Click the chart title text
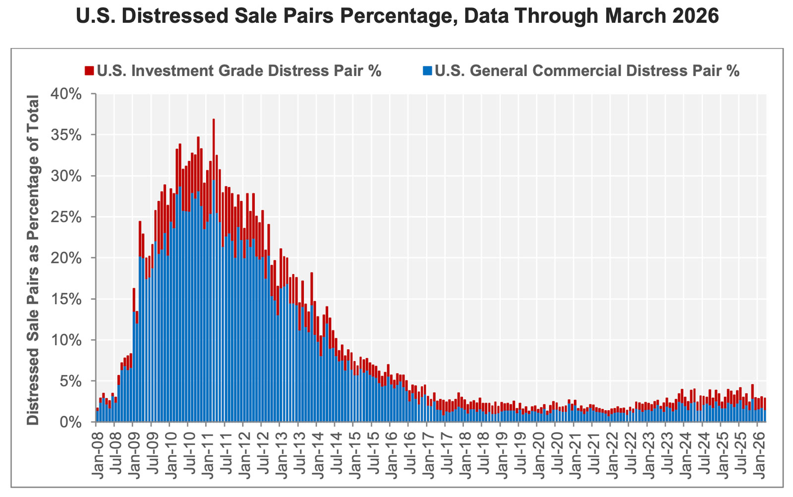[396, 16]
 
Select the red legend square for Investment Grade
[89, 71]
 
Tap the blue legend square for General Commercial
[427, 71]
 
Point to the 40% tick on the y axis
[67, 94]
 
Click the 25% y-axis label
[67, 217]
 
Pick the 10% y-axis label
[67, 340]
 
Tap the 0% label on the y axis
[71, 423]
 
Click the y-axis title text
[33, 260]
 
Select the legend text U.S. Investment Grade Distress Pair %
[239, 71]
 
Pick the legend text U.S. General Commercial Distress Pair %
[587, 71]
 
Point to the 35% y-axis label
[67, 135]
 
